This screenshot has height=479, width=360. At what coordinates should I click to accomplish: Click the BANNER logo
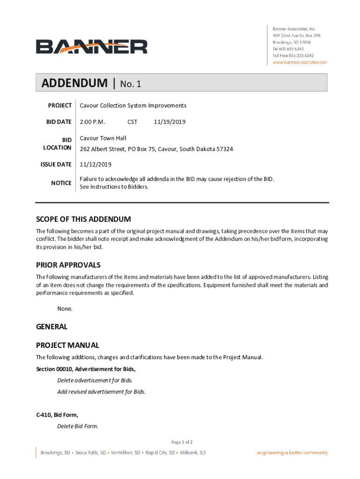pyautogui.click(x=92, y=46)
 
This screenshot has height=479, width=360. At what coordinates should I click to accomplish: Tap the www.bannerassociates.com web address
pyautogui.click(x=300, y=62)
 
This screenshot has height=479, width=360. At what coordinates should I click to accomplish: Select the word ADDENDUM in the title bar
pyautogui.click(x=74, y=84)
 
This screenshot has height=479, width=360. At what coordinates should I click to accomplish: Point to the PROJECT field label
pyautogui.click(x=60, y=106)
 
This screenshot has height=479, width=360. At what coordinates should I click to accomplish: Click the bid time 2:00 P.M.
pyautogui.click(x=93, y=122)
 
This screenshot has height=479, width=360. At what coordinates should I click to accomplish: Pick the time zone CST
pyautogui.click(x=132, y=122)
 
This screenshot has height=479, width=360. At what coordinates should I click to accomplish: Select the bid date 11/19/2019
pyautogui.click(x=170, y=122)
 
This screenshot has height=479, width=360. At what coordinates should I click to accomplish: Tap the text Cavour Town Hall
pyautogui.click(x=103, y=138)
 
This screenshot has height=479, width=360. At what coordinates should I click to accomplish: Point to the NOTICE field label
pyautogui.click(x=61, y=183)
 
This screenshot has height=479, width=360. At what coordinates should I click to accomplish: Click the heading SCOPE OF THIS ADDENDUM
pyautogui.click(x=84, y=219)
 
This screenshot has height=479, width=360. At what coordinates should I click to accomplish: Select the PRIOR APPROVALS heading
pyautogui.click(x=68, y=265)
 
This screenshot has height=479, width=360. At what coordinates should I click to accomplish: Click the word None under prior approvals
pyautogui.click(x=65, y=309)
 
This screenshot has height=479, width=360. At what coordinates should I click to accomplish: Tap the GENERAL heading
pyautogui.click(x=52, y=327)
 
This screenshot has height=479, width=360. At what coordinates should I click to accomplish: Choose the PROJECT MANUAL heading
pyautogui.click(x=68, y=346)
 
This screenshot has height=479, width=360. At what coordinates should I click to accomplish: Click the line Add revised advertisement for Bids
pyautogui.click(x=101, y=392)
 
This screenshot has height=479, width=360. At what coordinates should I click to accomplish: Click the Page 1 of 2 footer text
pyautogui.click(x=182, y=442)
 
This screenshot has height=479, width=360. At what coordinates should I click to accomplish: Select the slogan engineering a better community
pyautogui.click(x=292, y=453)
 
